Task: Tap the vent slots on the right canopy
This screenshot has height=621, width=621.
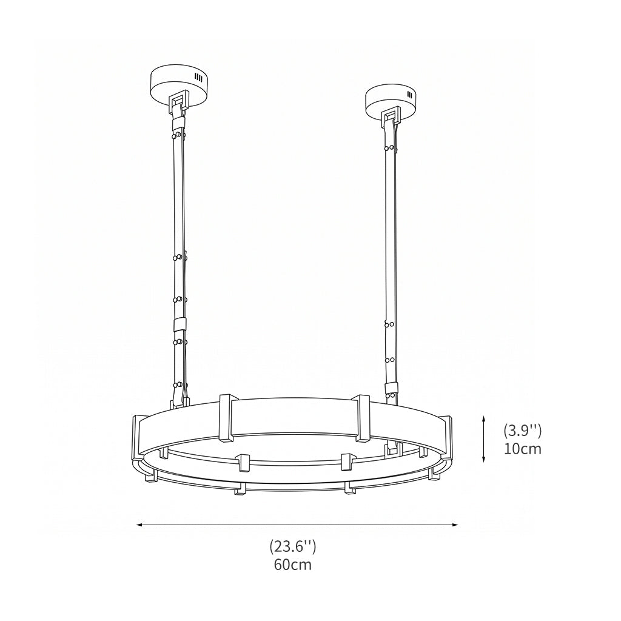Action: coord(409,95)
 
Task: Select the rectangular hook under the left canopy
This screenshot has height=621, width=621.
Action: coord(180,102)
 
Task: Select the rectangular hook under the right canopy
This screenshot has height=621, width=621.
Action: coord(391,117)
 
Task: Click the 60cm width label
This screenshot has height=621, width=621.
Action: coord(293,565)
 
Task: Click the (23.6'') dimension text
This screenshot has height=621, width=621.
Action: coord(293,547)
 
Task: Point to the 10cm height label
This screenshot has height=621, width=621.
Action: coord(522,449)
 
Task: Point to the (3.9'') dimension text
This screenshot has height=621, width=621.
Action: coord(522,431)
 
